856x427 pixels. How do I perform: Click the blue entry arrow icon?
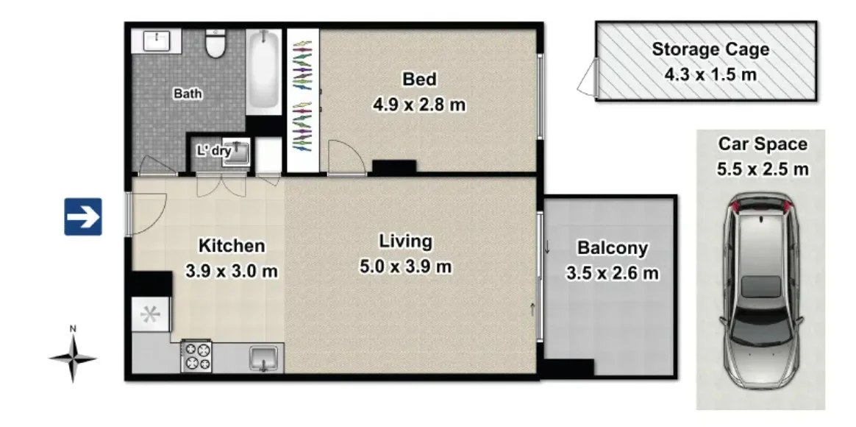82,216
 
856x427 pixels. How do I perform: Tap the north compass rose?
73,359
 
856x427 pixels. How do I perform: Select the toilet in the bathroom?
215,46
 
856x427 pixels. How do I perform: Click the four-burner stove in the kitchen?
196,356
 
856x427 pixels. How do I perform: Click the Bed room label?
419,79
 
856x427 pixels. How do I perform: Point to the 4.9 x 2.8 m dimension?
419,104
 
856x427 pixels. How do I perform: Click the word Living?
405,241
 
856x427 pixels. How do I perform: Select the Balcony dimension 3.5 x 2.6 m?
612,274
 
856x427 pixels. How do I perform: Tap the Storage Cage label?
710,50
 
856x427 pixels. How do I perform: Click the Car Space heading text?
763,144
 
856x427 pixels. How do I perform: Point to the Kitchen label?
231,246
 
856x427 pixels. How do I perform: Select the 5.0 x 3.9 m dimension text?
405,266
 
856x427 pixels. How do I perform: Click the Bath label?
188,93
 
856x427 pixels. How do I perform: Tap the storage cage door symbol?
588,77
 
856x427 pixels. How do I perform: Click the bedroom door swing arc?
344,156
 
